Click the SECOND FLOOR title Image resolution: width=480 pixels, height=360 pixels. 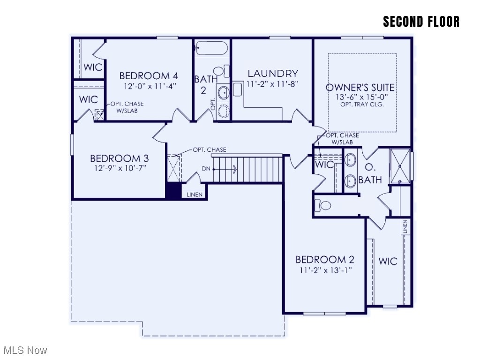tap(421, 22)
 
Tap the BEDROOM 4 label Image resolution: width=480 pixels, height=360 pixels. tap(149, 75)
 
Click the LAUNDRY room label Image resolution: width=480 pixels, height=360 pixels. tap(273, 74)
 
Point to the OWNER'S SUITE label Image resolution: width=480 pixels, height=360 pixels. tap(360, 88)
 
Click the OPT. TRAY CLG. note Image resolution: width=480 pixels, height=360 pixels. tap(362, 105)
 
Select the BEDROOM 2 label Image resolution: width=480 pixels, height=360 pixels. tap(325, 260)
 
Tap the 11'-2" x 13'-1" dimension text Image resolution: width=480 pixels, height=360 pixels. tap(323, 270)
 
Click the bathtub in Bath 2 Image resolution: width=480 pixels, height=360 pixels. tap(211, 48)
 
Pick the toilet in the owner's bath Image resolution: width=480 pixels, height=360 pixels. tap(324, 205)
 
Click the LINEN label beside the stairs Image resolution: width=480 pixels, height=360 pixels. tap(195, 195)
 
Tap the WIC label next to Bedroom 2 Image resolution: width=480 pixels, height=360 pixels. tap(388, 261)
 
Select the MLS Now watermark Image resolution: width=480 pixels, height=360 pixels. tap(25, 350)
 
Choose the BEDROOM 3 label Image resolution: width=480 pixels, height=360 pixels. tap(115, 158)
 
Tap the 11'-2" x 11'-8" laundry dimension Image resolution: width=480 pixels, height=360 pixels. tap(272, 84)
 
